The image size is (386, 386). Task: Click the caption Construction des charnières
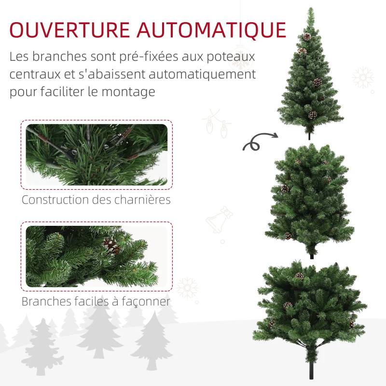pyautogui.click(x=96, y=199)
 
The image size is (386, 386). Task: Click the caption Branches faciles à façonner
pyautogui.click(x=96, y=302)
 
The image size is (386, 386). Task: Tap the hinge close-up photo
pyautogui.click(x=96, y=154)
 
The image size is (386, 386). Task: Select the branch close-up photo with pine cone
pyautogui.click(x=96, y=256)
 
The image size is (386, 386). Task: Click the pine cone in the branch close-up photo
pyautogui.click(x=112, y=247)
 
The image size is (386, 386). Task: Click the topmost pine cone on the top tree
pyautogui.click(x=307, y=37)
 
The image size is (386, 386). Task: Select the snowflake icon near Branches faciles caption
pyautogui.click(x=187, y=288)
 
